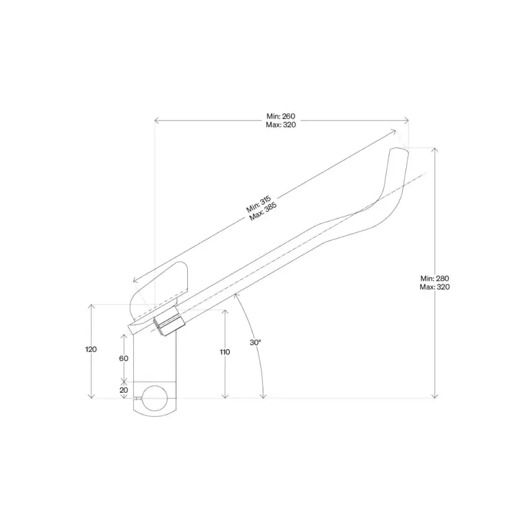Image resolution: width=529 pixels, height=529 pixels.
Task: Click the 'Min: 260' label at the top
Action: point(281,116)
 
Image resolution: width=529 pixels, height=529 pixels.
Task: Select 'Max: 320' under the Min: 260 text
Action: point(281,125)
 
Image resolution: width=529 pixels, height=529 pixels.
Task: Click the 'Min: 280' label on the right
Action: point(435,278)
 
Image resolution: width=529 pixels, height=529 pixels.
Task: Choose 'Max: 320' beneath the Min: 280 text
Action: point(435,287)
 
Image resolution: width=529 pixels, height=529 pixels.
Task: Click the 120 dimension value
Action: point(91,349)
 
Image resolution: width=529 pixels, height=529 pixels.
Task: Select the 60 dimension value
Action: point(124,358)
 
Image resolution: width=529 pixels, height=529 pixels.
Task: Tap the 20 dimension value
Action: point(124,389)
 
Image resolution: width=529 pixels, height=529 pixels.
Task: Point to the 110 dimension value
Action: point(224,352)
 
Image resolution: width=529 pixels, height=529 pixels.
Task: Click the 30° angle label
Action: point(256,342)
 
